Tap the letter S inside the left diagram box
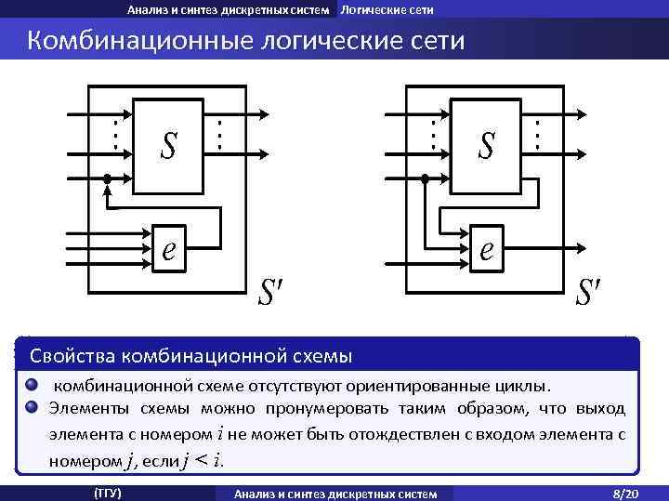coord(168,145)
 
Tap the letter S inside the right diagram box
coord(486,145)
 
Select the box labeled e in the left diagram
coord(168,249)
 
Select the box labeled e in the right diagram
coord(486,249)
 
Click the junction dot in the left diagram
coord(107,178)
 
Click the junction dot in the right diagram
coord(425,178)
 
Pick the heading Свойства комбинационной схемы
coord(191,356)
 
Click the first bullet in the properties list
coord(32,385)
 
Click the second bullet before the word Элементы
coord(32,406)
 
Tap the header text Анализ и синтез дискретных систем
coord(229,9)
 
